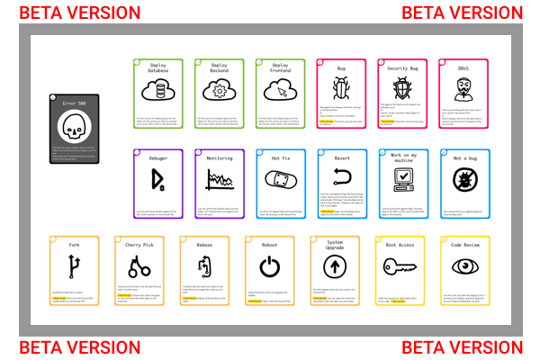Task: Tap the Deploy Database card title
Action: click(158, 69)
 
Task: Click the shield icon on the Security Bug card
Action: click(401, 89)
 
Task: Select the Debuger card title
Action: click(158, 157)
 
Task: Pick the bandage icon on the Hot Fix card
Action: click(279, 179)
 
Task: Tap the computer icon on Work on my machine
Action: click(401, 179)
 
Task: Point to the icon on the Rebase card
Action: click(203, 266)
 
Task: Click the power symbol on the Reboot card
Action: click(268, 266)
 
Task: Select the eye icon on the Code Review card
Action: click(464, 266)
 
